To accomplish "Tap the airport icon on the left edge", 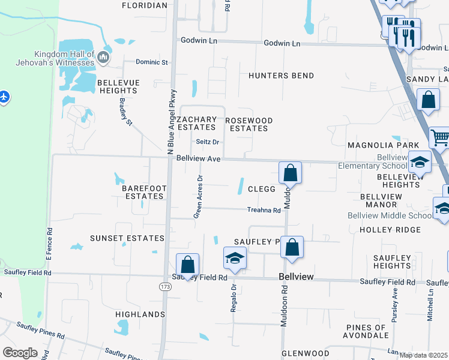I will click(4, 96).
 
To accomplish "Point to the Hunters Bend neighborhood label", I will click(281, 76).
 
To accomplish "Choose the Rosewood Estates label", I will click(249, 124).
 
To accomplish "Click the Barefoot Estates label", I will click(143, 192).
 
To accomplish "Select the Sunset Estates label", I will click(127, 238).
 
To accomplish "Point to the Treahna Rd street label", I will click(264, 210).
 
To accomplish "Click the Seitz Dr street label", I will click(208, 142).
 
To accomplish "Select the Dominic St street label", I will click(152, 62).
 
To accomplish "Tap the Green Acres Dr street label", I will click(198, 196).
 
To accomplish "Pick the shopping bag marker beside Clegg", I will click(290, 173).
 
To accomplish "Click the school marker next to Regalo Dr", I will click(235, 258).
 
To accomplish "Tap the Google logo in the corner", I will click(20, 352).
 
